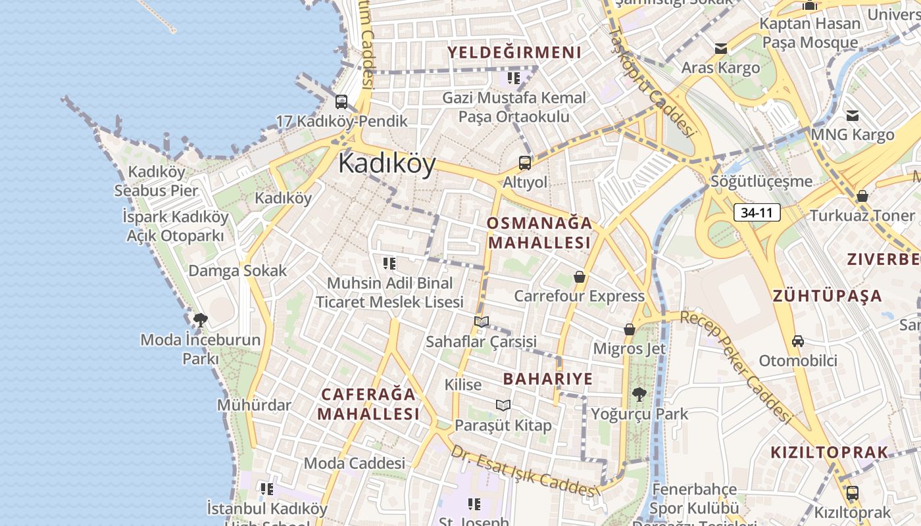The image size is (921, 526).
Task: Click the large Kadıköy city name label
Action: tap(387, 164)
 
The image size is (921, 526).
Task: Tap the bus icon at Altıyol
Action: tap(524, 162)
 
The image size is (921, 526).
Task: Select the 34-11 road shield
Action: tap(757, 212)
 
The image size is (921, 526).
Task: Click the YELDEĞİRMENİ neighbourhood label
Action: tap(514, 53)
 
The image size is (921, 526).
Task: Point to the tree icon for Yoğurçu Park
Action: tap(638, 394)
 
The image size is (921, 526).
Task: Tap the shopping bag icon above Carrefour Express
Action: tap(580, 277)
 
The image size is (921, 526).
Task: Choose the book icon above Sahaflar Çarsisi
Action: tap(482, 322)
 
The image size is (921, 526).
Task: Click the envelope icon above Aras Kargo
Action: tap(721, 49)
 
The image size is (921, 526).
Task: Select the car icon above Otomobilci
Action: tap(798, 341)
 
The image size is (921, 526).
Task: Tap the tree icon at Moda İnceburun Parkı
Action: tap(201, 320)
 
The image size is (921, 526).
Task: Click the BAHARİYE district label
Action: tap(548, 379)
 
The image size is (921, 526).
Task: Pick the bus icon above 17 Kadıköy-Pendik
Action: tap(341, 102)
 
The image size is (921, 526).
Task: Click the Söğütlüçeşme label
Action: tap(761, 181)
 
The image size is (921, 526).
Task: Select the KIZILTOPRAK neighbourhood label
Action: tap(829, 452)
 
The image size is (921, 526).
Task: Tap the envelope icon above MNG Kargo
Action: tap(853, 116)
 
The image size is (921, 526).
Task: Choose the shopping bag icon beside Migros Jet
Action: tap(630, 329)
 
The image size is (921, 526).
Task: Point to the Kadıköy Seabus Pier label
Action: tap(156, 181)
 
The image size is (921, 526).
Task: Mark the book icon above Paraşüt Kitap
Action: tap(503, 405)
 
